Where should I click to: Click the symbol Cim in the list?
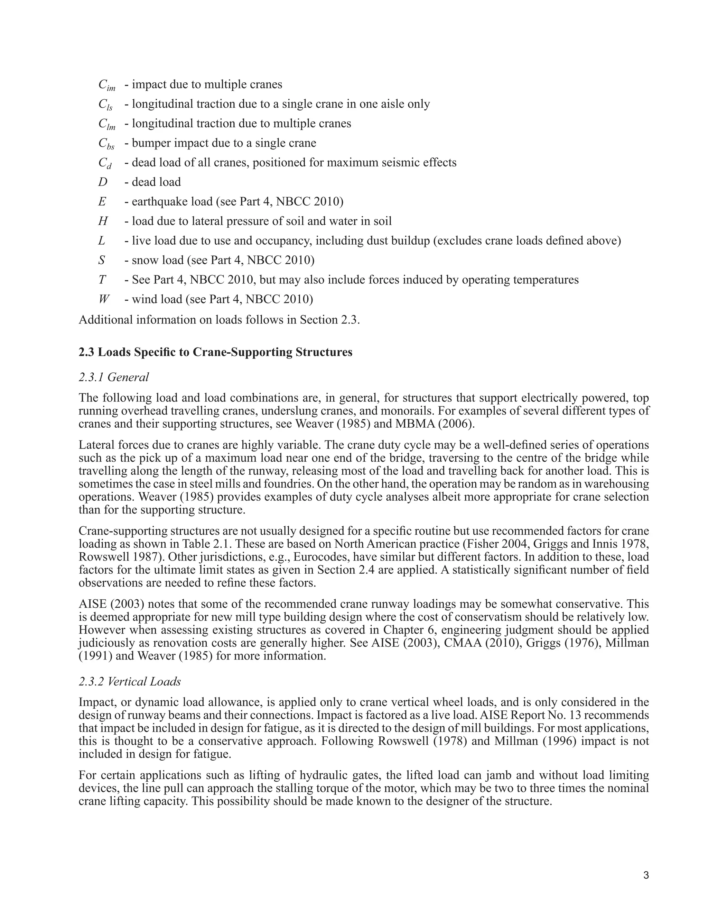[x=106, y=85]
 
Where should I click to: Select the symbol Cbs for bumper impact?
[x=106, y=144]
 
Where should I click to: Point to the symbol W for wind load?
[x=104, y=299]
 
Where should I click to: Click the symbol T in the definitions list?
[x=102, y=280]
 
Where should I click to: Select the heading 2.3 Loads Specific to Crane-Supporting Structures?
[x=215, y=352]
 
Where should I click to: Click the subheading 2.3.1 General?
[x=114, y=377]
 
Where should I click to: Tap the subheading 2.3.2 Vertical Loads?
[x=130, y=681]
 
